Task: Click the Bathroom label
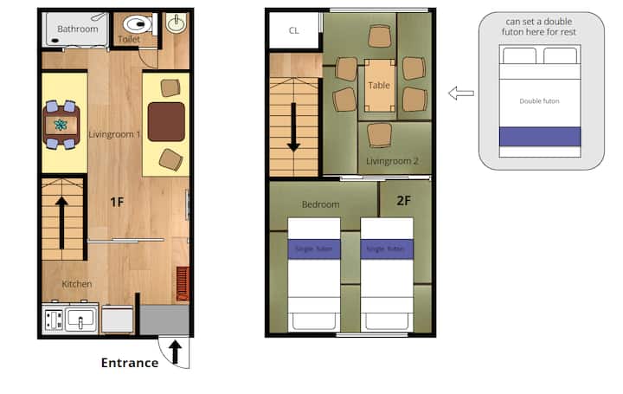click(x=78, y=29)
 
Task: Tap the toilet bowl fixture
click(x=138, y=24)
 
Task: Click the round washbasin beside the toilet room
click(x=176, y=24)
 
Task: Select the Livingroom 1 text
click(x=114, y=134)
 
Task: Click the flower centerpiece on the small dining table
click(x=61, y=126)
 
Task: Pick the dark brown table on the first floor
click(x=166, y=121)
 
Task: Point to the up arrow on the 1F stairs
click(x=61, y=223)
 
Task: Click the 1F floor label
click(x=117, y=202)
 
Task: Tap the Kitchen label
click(x=77, y=284)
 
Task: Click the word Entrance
click(x=130, y=363)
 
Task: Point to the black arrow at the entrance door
click(x=175, y=352)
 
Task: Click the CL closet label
click(x=294, y=30)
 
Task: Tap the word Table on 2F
click(x=379, y=86)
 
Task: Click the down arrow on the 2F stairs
click(x=293, y=127)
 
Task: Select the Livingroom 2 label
click(x=392, y=161)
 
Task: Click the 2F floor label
click(x=404, y=200)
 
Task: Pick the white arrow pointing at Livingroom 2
click(x=461, y=93)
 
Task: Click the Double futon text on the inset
click(x=539, y=101)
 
